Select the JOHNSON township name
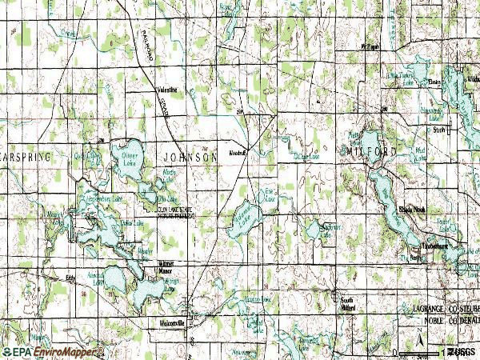pos(189,158)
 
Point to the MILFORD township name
pos(371,151)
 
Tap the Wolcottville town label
pos(170,323)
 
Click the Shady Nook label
pos(413,209)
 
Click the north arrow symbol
pos(421,337)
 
